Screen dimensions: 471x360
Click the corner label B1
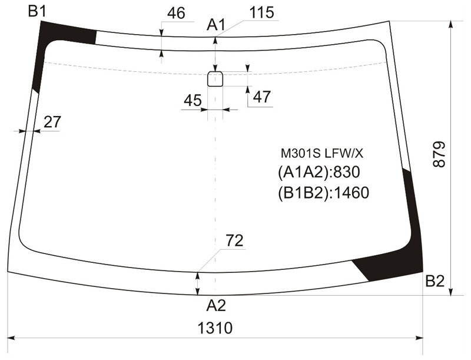(38, 11)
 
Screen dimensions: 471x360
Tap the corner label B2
(434, 282)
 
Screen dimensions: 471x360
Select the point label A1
(215, 25)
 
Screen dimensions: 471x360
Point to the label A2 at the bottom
(215, 306)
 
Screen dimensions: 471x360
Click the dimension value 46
(176, 13)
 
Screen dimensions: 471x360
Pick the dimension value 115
(261, 12)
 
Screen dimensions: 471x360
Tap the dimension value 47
(262, 97)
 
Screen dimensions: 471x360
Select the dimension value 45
(193, 100)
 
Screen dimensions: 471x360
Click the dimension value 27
(52, 122)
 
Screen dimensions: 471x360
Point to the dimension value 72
(234, 240)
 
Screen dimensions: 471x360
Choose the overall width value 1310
(215, 328)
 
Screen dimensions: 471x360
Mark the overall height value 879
(439, 154)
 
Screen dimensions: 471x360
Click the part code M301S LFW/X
(321, 154)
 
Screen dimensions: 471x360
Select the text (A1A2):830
(319, 173)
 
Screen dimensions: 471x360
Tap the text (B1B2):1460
(323, 193)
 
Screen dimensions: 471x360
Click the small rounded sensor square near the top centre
(215, 79)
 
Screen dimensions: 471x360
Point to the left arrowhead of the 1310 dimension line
(11, 338)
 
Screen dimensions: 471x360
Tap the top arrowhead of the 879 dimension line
(450, 25)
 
